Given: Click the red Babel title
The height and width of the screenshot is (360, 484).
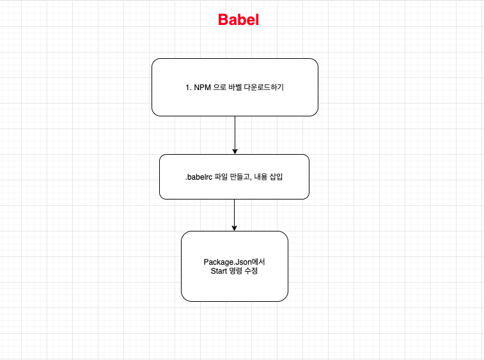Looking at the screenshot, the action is [238, 20].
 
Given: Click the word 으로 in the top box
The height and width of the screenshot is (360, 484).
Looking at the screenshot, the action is [219, 88].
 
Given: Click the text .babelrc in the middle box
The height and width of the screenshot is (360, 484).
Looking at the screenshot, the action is [198, 176].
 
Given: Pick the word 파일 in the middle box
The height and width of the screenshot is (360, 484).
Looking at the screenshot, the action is [221, 176].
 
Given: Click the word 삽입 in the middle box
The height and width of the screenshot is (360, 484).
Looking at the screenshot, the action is [278, 176].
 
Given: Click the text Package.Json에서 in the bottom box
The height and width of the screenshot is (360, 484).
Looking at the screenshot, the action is [234, 262].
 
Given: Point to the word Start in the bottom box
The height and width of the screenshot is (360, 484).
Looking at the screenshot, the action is [220, 271].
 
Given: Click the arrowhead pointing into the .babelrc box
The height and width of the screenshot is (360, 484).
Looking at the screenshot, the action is [235, 152].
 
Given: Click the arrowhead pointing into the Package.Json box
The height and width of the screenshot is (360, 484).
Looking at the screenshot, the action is [235, 228].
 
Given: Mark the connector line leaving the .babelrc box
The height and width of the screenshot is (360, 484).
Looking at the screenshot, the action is [235, 212].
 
